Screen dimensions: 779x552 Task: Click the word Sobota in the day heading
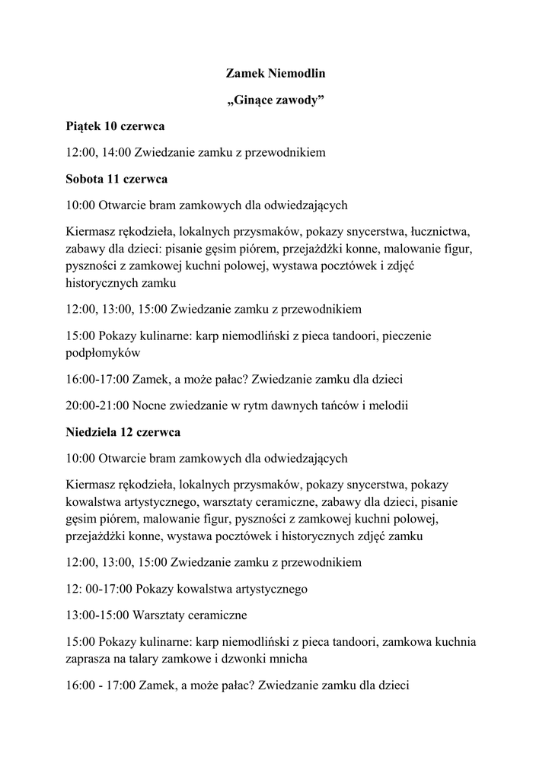86,180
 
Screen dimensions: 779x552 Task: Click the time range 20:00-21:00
97,405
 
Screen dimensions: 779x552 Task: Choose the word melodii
388,405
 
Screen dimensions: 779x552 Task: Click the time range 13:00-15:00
97,614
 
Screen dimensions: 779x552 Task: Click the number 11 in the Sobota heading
115,180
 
